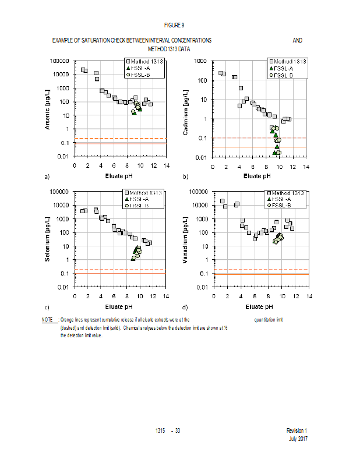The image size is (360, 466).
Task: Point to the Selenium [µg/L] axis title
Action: tap(49, 239)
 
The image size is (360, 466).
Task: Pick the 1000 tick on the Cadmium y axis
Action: tap(202, 61)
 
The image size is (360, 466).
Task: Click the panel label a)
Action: tap(46, 176)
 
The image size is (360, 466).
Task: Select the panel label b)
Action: tap(185, 176)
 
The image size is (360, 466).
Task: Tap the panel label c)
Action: tap(46, 307)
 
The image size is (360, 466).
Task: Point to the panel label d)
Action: tap(185, 307)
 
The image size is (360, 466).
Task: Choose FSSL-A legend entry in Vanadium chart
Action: tap(281, 199)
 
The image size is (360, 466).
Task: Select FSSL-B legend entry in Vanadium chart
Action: tap(281, 206)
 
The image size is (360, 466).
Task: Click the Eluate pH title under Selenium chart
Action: tap(121, 306)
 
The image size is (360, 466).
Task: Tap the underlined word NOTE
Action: tap(47, 320)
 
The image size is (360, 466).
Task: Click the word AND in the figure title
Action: tap(297, 40)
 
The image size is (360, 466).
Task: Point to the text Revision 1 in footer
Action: tap(297, 430)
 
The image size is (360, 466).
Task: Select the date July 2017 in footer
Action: tap(298, 438)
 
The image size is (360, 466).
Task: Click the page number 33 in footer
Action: tap(177, 430)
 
